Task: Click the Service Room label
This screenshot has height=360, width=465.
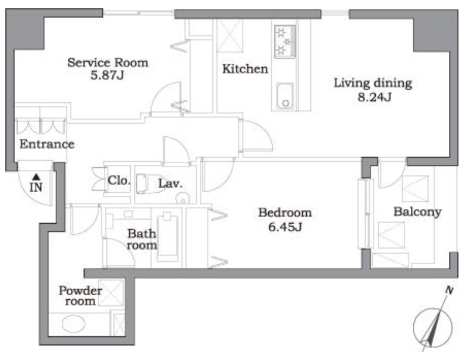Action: coord(108,62)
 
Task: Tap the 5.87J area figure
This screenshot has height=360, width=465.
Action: coord(107,76)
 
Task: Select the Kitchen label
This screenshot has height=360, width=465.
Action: coord(245,69)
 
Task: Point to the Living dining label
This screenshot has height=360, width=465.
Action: coord(373,83)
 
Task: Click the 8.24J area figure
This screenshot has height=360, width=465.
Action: coord(375,97)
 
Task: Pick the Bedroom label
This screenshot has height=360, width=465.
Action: coord(285,212)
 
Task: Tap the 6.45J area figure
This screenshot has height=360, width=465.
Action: coord(285,227)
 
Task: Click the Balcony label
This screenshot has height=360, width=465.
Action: coord(417,212)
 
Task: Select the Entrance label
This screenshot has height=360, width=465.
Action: coord(47,144)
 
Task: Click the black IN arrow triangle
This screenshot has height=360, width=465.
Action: coord(36,177)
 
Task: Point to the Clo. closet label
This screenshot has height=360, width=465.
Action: coord(119,180)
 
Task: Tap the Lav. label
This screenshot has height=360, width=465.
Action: coord(170,184)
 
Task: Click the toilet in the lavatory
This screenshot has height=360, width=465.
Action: coord(151,184)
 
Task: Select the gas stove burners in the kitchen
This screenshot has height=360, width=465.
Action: coord(285,42)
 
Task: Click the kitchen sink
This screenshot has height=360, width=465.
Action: coord(285,96)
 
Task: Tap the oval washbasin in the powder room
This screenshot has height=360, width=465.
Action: coord(74,324)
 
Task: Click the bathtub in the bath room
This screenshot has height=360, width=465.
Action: coord(167,237)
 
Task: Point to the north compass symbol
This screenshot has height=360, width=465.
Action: coord(433,327)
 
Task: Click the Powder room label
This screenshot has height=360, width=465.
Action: coord(80,296)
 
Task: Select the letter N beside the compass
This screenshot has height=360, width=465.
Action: coord(450,290)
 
